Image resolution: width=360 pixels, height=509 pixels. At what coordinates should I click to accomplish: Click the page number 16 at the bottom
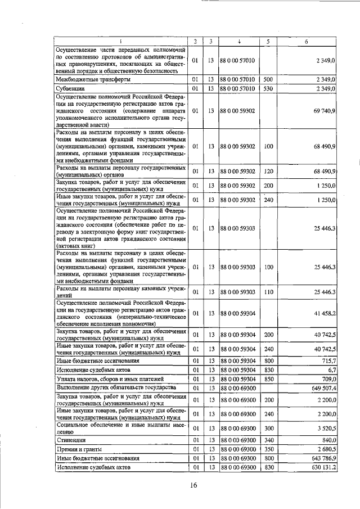click(193, 486)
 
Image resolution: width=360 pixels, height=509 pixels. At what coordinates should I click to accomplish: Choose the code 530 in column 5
click(268, 89)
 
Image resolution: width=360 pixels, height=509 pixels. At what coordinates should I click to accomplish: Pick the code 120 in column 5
click(268, 172)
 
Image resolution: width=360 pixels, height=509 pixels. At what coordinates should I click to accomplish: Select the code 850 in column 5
click(268, 379)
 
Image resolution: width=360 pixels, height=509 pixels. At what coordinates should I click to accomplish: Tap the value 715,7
click(327, 360)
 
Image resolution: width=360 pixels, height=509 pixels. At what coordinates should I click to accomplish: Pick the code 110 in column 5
click(268, 292)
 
